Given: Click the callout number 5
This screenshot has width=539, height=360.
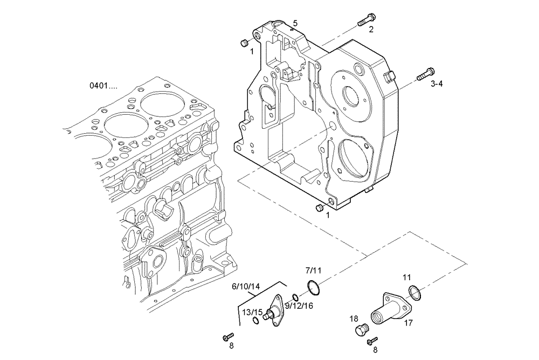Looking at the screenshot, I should point(295,23).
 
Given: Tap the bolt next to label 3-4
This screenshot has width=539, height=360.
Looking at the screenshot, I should point(426,75).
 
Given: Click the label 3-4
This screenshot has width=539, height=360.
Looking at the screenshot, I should point(437,84).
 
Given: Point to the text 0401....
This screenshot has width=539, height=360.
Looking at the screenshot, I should point(103,86).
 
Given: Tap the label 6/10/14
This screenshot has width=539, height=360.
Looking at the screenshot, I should point(246,287).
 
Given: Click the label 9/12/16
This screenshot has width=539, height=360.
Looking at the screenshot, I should point(299,306).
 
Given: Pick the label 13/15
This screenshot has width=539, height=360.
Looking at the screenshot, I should point(252,312).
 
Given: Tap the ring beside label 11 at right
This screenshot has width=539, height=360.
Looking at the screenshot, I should point(414,293).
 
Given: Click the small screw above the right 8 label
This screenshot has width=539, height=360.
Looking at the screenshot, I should point(372,340).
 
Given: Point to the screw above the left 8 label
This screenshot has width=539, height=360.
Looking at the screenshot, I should point(227,337).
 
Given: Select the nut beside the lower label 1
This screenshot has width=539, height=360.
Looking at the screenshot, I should point(319,207).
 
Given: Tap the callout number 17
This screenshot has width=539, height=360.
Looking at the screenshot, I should point(408,323).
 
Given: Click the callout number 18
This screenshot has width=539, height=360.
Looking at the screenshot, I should point(354,318).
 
